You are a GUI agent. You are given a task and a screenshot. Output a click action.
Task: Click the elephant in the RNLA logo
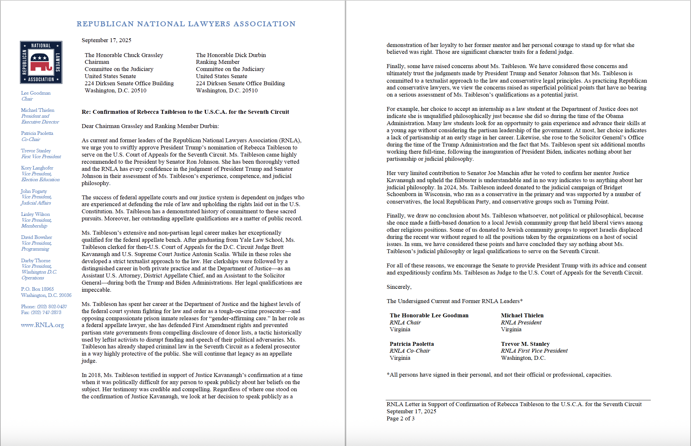click(x=41, y=63)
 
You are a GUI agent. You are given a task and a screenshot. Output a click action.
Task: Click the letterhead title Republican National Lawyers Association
click(x=186, y=24)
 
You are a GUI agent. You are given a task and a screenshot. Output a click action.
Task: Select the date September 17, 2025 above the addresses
click(x=106, y=40)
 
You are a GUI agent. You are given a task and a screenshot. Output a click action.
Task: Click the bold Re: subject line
click(x=185, y=112)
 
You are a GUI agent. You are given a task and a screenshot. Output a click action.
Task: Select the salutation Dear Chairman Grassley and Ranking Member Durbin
click(x=150, y=126)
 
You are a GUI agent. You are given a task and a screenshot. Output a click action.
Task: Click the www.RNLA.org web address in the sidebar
click(x=42, y=325)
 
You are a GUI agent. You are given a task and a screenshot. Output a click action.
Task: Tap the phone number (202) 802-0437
click(x=52, y=307)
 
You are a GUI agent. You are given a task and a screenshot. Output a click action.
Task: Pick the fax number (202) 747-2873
click(x=46, y=312)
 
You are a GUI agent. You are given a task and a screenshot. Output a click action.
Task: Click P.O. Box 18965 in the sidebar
click(x=37, y=289)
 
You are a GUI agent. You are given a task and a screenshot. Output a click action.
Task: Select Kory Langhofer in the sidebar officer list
click(x=37, y=168)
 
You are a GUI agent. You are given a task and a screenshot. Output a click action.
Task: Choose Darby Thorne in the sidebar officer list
click(x=36, y=261)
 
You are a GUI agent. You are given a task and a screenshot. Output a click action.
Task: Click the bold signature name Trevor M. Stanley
click(x=525, y=344)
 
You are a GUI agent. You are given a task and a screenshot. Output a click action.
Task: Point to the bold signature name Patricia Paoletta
click(x=412, y=344)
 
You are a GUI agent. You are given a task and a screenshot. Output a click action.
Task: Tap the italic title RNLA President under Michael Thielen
click(x=521, y=323)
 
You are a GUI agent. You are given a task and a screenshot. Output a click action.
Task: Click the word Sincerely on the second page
click(x=399, y=287)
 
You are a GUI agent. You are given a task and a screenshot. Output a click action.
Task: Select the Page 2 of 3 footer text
click(x=400, y=418)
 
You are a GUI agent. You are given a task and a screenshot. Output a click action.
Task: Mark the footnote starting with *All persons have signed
click(x=499, y=375)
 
